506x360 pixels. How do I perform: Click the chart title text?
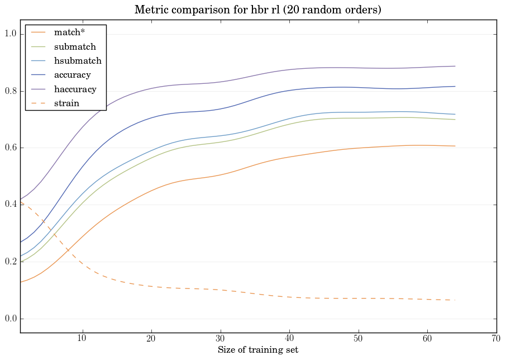click(257, 10)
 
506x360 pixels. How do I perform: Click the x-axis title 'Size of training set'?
click(257, 350)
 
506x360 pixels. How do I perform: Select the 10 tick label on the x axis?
click(82, 339)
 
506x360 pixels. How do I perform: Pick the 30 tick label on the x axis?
click(220, 339)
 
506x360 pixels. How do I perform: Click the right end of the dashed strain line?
click(455, 300)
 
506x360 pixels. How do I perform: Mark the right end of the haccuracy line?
click(455, 66)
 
